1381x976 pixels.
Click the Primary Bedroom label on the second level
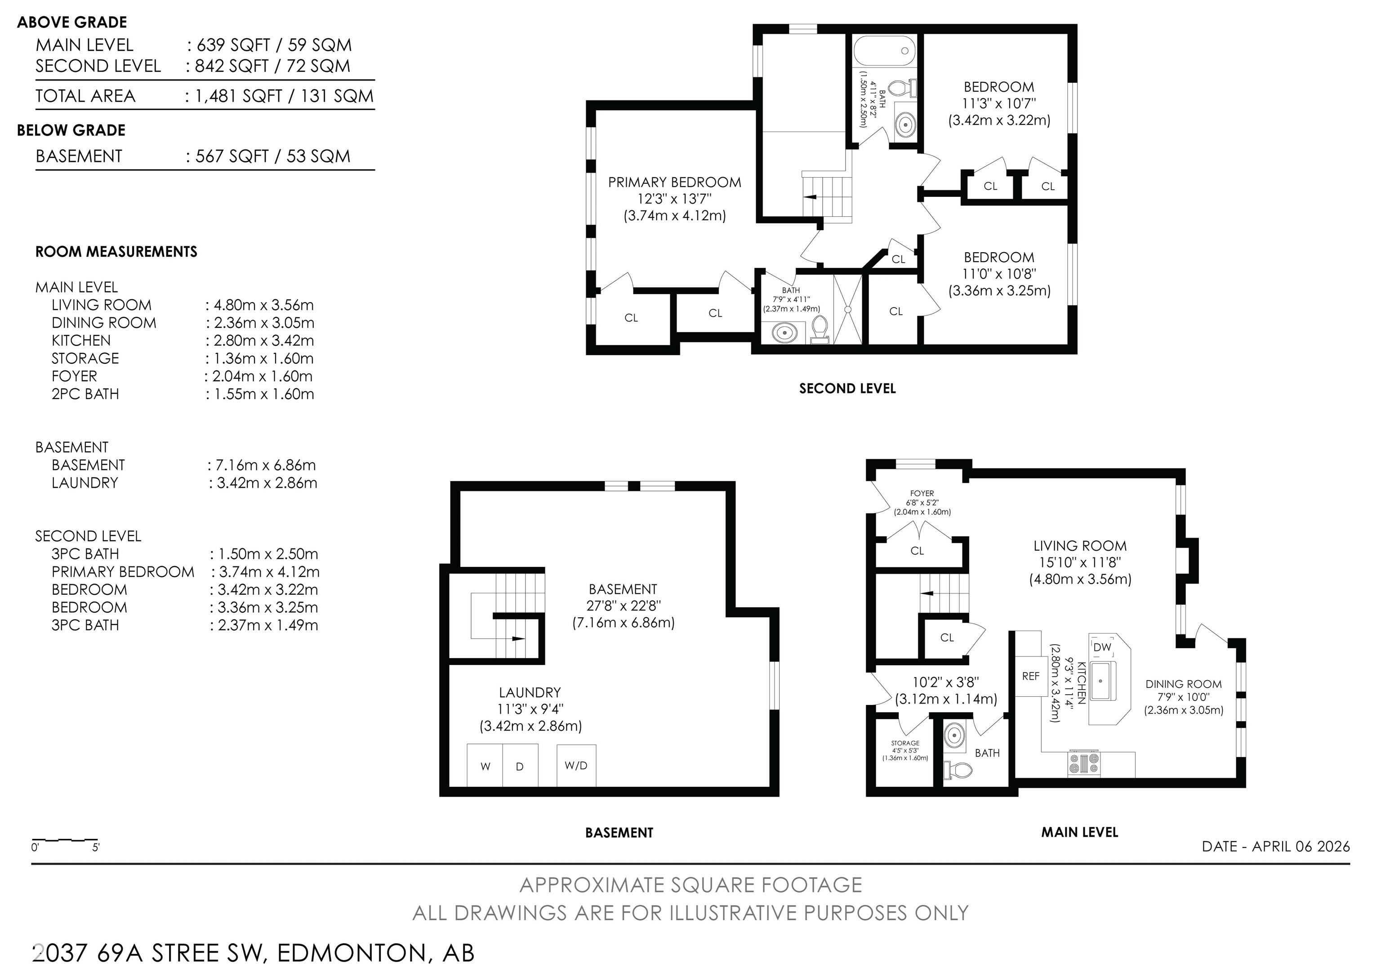(x=674, y=182)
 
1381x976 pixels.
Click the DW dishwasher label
(x=1102, y=647)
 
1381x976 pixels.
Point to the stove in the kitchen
(x=1083, y=764)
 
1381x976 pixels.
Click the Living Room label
(x=1080, y=546)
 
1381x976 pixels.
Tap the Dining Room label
(x=1183, y=684)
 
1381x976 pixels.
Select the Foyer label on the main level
(x=922, y=493)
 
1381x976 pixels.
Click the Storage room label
(x=905, y=743)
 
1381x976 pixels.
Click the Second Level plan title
(x=847, y=388)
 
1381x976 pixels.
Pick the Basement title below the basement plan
(x=619, y=832)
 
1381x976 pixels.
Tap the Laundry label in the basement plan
(x=530, y=693)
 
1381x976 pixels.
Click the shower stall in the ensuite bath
(x=847, y=310)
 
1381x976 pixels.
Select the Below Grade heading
(x=71, y=130)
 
